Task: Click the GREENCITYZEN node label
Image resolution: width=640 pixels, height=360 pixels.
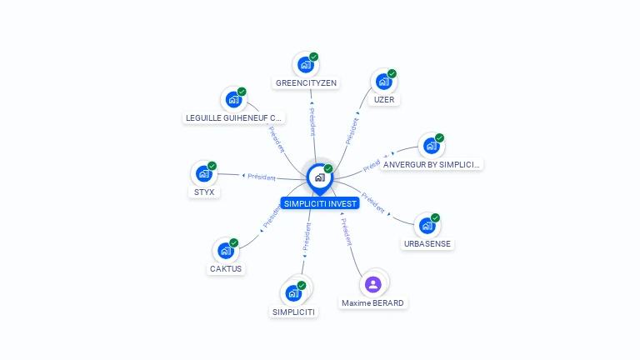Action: [306, 83]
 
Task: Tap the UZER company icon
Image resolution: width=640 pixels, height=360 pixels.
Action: [383, 82]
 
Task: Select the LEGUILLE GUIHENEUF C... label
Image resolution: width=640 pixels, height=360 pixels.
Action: [234, 117]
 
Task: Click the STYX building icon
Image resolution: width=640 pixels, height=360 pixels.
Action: [203, 174]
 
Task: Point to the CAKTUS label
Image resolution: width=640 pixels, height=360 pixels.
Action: [225, 268]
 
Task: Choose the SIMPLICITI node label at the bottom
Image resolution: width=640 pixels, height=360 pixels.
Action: [293, 312]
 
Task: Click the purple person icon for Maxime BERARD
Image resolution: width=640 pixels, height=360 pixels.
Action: [373, 284]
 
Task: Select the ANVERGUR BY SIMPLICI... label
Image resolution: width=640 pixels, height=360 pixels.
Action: [432, 164]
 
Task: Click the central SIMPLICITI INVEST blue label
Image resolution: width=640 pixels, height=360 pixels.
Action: [320, 203]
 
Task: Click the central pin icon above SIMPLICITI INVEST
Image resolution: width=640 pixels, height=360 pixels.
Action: [319, 177]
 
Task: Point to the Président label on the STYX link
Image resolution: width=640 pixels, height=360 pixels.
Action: [261, 177]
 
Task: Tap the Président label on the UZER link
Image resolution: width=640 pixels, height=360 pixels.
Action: [352, 130]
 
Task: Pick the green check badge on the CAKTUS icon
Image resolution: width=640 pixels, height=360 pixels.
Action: [234, 242]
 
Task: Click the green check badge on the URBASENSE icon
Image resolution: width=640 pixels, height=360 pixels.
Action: [435, 218]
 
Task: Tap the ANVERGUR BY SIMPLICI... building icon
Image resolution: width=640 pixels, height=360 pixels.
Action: [430, 146]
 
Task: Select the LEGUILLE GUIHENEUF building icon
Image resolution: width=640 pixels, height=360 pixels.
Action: [233, 99]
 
